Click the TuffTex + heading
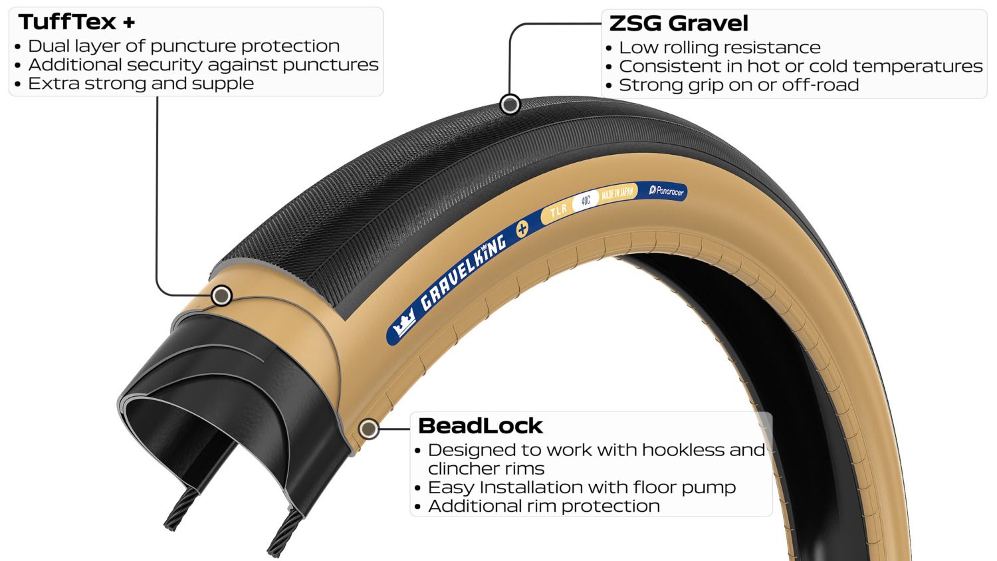76,22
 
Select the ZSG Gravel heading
679,23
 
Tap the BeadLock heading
481,425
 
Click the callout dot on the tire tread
510,104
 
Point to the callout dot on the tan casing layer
221,296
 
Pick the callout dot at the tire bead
368,429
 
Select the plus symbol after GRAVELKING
522,229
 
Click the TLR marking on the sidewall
558,209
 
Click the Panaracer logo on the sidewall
666,191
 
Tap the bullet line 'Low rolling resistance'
719,48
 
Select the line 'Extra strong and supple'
141,84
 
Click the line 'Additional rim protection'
544,506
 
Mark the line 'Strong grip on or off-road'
738,85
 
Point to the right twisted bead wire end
285,532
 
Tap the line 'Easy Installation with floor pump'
582,487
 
